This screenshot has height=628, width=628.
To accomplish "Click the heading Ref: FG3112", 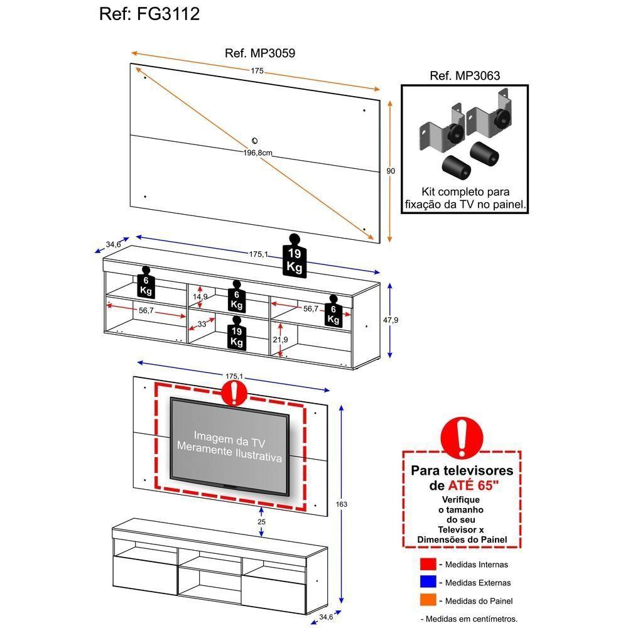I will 149,14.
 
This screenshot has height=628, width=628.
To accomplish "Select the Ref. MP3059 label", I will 259,53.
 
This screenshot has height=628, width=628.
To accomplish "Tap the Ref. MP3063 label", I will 465,76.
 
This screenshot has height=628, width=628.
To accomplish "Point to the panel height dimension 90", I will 391,171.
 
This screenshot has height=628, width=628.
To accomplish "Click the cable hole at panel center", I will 255,141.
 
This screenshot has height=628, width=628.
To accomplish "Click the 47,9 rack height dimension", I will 391,320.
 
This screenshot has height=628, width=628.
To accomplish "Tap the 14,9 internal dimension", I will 200,296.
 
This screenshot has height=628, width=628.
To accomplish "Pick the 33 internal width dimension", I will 202,325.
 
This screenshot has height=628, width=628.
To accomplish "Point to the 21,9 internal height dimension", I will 280,340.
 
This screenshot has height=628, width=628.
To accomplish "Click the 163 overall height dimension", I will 341,504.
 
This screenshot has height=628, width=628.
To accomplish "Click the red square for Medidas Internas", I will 428,565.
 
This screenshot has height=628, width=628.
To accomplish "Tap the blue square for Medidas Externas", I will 428,583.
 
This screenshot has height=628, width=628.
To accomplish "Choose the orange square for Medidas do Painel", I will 428,601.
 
